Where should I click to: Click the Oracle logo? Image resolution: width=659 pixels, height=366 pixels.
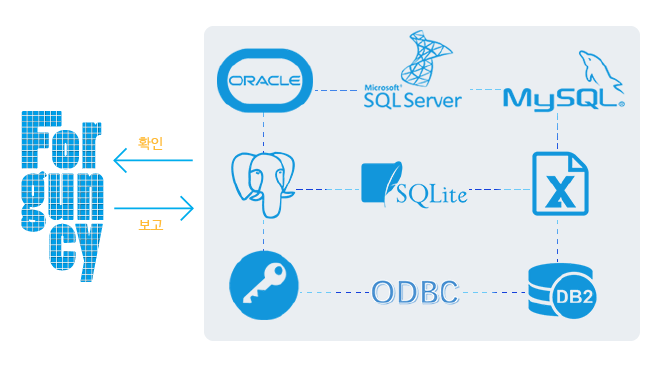click(265, 80)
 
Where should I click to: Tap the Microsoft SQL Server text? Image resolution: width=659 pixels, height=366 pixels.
click(412, 97)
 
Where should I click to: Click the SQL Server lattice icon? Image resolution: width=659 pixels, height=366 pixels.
click(425, 58)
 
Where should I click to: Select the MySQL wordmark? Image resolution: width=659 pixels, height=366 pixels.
click(563, 99)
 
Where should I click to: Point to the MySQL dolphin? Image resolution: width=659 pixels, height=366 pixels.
click(600, 71)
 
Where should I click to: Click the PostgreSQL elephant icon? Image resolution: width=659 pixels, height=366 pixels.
click(263, 184)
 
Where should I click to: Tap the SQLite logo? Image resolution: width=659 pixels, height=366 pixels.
click(414, 184)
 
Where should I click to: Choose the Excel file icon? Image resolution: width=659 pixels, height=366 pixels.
click(560, 184)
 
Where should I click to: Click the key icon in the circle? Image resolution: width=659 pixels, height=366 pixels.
click(264, 285)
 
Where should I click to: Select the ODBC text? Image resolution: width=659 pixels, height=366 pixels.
click(415, 292)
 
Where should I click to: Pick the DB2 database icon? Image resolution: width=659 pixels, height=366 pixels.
click(561, 290)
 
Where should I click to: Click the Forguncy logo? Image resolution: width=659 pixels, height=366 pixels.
click(62, 196)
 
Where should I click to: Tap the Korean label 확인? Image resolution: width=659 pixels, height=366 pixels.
click(150, 143)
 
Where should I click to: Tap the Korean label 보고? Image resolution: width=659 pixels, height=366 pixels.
click(150, 224)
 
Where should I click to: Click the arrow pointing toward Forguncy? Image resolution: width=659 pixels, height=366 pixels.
click(153, 160)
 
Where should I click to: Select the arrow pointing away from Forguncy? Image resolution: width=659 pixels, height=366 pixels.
click(154, 208)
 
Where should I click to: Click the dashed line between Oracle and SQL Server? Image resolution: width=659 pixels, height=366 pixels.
click(336, 90)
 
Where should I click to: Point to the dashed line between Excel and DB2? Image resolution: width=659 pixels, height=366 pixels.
click(558, 240)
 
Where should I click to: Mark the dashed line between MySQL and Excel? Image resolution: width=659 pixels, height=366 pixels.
click(558, 131)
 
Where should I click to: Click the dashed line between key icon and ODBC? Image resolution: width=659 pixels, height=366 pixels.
click(335, 292)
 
